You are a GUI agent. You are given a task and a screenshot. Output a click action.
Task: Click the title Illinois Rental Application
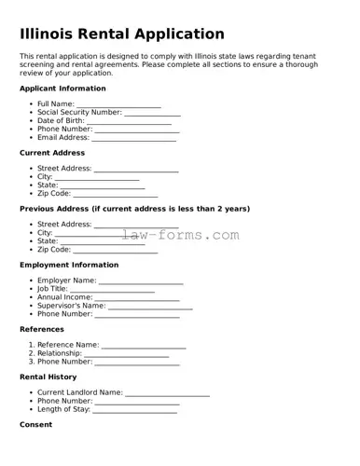click(122, 34)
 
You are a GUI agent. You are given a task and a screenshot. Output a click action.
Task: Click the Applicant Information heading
click(62, 89)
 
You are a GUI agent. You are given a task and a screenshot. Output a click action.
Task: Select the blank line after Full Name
click(118, 104)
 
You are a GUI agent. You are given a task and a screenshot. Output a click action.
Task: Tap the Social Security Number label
click(79, 113)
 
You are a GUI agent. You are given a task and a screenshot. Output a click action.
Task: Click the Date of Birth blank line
click(129, 121)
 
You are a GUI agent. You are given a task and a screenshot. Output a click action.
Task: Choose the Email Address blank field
click(134, 138)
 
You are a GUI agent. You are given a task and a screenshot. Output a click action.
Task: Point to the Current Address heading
click(52, 153)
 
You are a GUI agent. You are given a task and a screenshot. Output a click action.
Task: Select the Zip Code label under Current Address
click(54, 194)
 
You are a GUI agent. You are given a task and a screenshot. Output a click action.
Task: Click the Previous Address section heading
click(134, 209)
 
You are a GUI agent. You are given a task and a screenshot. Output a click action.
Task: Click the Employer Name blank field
click(141, 281)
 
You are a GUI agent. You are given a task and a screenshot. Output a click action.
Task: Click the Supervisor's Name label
click(71, 306)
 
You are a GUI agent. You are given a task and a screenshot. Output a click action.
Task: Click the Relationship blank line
click(127, 354)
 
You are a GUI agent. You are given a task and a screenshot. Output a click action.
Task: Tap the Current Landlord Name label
click(79, 393)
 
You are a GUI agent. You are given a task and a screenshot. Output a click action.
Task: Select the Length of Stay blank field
click(135, 410)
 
